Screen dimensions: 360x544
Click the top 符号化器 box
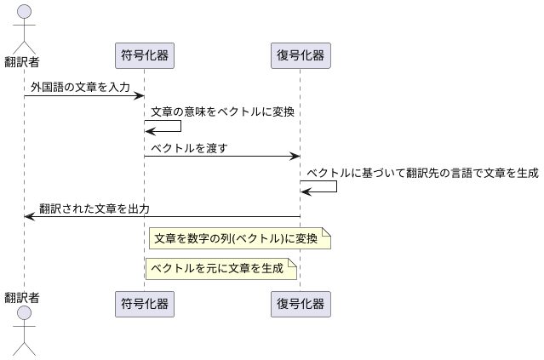pyautogui.click(x=144, y=56)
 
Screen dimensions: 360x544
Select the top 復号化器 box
pyautogui.click(x=300, y=56)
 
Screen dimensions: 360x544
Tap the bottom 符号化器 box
pyautogui.click(x=144, y=304)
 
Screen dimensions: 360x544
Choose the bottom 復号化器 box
pyautogui.click(x=300, y=304)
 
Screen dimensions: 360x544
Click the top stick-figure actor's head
pyautogui.click(x=24, y=12)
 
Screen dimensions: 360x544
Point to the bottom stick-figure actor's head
pyautogui.click(x=24, y=315)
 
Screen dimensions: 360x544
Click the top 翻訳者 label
pyautogui.click(x=24, y=61)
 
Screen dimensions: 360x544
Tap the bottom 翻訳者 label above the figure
pyautogui.click(x=24, y=297)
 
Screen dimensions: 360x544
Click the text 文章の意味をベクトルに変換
pyautogui.click(x=224, y=111)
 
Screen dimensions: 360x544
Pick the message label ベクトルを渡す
pyautogui.click(x=189, y=148)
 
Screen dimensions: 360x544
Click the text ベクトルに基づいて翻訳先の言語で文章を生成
pyautogui.click(x=422, y=173)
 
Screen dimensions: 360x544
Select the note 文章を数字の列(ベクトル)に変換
pyautogui.click(x=239, y=239)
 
